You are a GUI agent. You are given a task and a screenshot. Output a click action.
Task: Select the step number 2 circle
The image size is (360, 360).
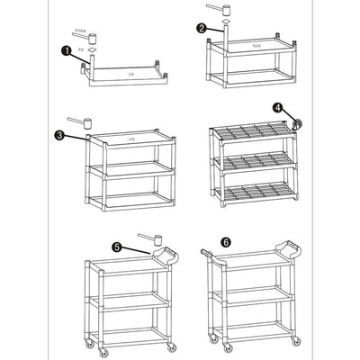(202, 27)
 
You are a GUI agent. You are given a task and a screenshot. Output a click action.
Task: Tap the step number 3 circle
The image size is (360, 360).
(58, 136)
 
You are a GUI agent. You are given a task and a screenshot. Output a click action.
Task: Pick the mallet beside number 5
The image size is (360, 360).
(148, 239)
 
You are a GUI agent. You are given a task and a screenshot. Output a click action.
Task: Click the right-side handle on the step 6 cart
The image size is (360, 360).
(290, 250)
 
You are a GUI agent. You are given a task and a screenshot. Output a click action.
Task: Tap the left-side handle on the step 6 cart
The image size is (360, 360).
(210, 256)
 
